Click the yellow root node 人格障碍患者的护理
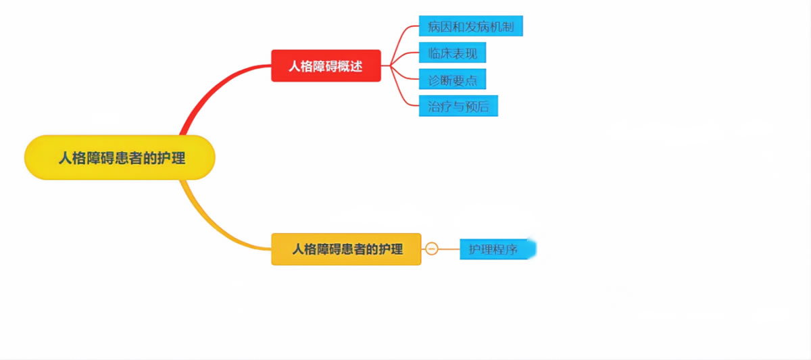[x=120, y=157]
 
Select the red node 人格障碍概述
[x=326, y=66]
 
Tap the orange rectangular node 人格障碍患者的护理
[x=346, y=249]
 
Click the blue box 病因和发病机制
[x=470, y=27]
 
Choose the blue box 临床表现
[x=452, y=53]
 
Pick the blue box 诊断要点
[x=452, y=79]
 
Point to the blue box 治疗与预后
[x=458, y=106]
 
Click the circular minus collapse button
[x=432, y=249]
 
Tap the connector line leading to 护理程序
[x=449, y=249]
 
